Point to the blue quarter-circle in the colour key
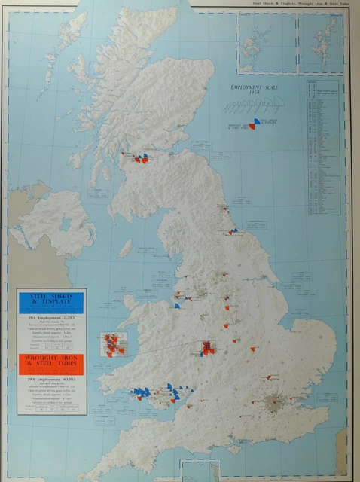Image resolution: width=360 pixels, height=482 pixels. coord(258,120)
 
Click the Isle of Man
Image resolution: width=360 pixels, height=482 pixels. coord(125,247)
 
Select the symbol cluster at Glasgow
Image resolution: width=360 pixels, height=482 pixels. coord(141,159)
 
